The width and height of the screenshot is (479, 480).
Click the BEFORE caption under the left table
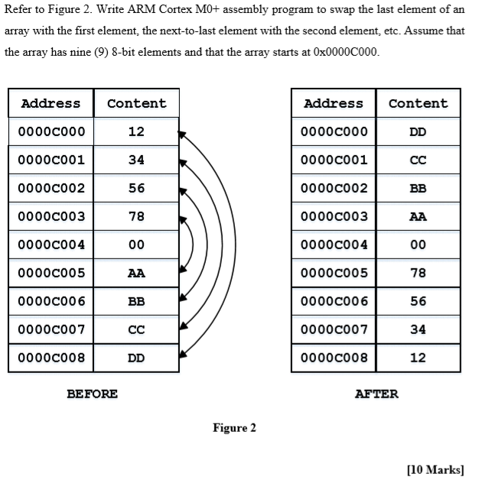pyautogui.click(x=92, y=394)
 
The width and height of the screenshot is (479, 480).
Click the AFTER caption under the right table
pyautogui.click(x=376, y=394)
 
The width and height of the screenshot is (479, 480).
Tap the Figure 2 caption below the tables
pyautogui.click(x=234, y=428)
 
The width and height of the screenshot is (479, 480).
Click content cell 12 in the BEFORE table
pyautogui.click(x=136, y=131)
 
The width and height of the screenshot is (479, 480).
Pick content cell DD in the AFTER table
pyautogui.click(x=418, y=131)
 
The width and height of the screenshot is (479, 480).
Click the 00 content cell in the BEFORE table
pyautogui.click(x=136, y=245)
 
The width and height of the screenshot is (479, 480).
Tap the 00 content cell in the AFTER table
pyautogui.click(x=418, y=245)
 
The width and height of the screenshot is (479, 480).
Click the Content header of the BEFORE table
pyautogui.click(x=136, y=103)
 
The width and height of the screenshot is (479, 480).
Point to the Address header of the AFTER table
pyautogui.click(x=334, y=103)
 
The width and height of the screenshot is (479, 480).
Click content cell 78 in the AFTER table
pyautogui.click(x=418, y=273)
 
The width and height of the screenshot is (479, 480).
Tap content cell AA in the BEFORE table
pyautogui.click(x=136, y=273)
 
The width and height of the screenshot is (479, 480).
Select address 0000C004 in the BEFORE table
pyautogui.click(x=52, y=245)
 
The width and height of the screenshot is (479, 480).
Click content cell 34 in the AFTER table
pyautogui.click(x=418, y=329)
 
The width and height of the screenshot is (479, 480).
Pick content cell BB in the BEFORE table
pyautogui.click(x=136, y=301)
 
